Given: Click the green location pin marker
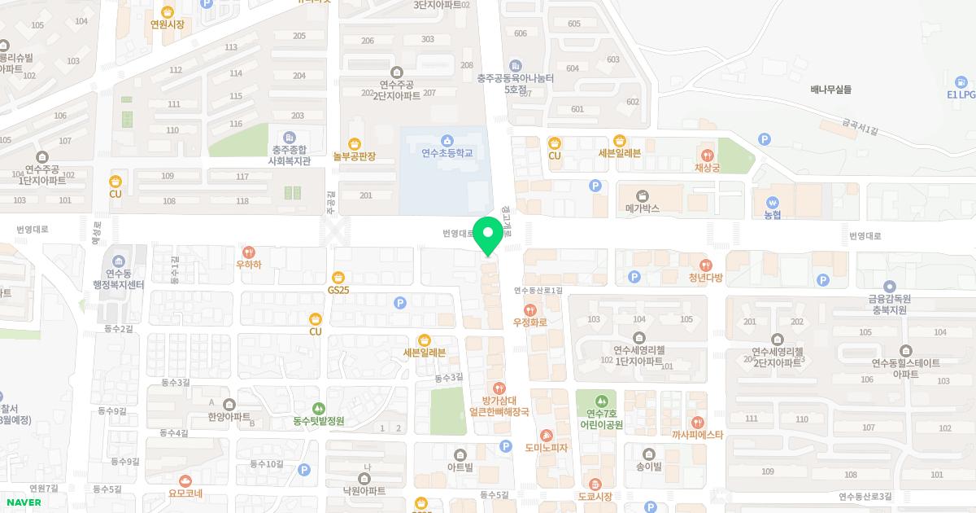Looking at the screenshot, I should click(488, 236).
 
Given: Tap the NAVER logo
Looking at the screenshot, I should click(24, 502).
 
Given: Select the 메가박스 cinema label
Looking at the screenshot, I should click(642, 208).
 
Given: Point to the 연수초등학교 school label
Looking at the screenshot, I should click(447, 152).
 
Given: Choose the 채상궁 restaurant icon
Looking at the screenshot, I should click(708, 155).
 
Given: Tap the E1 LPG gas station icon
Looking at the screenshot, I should click(961, 81).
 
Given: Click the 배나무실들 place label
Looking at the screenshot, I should click(830, 90).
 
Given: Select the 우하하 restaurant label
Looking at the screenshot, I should click(249, 264).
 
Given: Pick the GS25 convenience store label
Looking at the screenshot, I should click(338, 290).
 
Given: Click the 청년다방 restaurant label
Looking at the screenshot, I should click(705, 278).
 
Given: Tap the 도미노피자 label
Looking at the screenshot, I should click(546, 448).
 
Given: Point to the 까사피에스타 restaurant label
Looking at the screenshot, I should click(697, 435).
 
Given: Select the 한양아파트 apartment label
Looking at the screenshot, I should click(229, 416).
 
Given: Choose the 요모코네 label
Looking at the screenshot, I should click(185, 493).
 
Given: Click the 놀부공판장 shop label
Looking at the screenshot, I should click(354, 156).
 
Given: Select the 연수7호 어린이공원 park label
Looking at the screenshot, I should click(601, 419).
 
